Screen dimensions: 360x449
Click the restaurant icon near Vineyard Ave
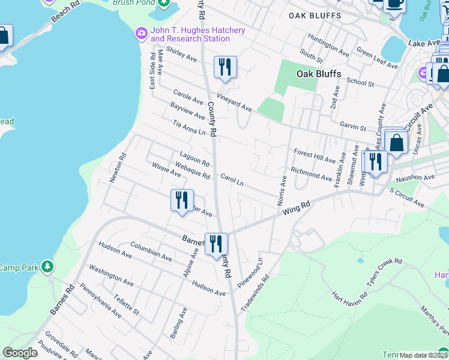coord(225,67)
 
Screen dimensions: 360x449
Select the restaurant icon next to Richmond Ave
coord(375,163)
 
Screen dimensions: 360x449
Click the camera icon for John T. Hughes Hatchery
coord(142,32)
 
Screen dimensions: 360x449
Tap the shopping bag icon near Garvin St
coord(396,143)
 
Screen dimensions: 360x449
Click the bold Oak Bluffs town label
coord(319,74)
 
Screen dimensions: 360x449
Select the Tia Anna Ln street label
coord(189,128)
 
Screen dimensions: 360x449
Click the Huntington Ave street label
coord(328,45)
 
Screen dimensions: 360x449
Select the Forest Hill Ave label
coord(315,157)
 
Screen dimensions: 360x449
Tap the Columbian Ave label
coord(151,251)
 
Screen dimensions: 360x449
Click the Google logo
coord(20,353)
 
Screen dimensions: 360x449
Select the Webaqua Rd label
coord(192,171)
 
